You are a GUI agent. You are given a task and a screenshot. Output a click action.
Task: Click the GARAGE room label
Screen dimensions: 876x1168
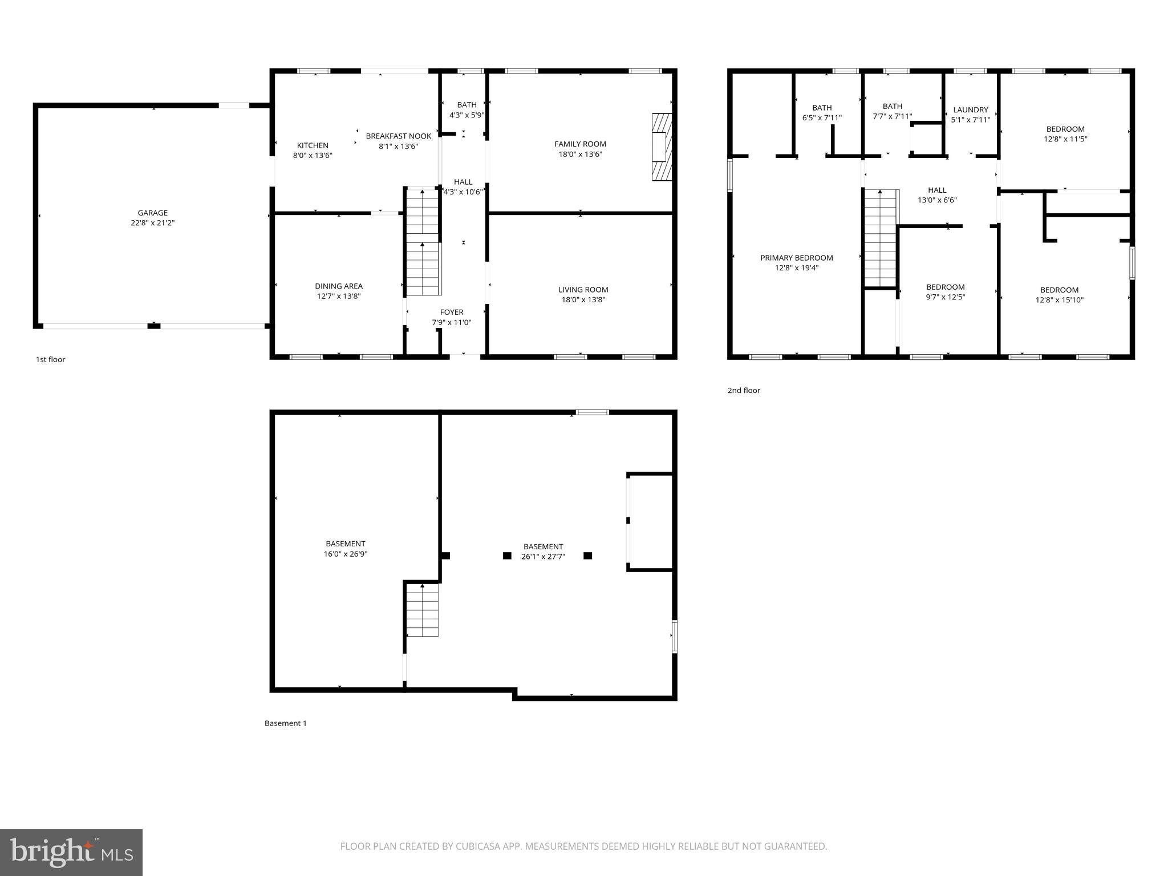pos(152,213)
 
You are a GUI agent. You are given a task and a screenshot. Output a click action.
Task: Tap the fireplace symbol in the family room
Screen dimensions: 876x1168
pos(662,147)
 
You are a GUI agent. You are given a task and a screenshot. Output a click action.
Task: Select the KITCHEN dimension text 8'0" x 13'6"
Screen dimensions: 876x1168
pos(313,155)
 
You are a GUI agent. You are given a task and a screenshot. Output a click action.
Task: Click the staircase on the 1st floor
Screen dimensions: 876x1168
pos(423,242)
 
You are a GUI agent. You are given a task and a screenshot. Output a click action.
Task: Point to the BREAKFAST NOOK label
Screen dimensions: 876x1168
pos(398,136)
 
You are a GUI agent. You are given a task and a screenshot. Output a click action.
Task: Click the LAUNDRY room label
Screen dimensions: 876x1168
pos(970,110)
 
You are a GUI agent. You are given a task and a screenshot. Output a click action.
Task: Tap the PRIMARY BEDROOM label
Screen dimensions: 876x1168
pos(796,258)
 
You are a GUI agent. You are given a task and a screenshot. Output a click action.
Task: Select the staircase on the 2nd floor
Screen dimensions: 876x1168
pos(881,238)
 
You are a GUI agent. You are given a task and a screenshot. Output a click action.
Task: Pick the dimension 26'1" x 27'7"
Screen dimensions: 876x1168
pos(543,557)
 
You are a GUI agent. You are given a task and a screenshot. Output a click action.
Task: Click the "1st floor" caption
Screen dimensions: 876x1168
pos(51,359)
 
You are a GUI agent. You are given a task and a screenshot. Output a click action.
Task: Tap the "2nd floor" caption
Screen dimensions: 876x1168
pos(744,391)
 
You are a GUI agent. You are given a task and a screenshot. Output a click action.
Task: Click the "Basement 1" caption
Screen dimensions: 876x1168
pos(285,723)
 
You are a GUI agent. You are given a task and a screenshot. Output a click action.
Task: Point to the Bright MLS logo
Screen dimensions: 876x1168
pos(71,852)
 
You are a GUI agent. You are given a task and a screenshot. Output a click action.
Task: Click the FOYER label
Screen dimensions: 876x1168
pos(451,312)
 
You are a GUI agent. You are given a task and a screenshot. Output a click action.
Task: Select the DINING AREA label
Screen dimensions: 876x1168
pos(339,286)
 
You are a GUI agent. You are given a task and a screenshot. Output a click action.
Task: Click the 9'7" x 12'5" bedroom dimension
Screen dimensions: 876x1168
pos(945,297)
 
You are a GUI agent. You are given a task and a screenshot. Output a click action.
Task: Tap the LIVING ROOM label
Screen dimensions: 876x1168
pos(583,290)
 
